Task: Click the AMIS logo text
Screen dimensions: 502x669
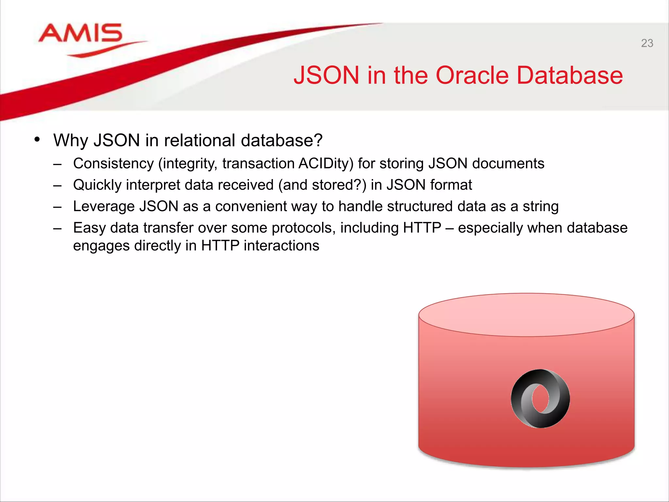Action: [x=80, y=33]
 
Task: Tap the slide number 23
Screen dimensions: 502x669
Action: [x=647, y=43]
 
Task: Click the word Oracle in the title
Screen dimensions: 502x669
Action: [x=472, y=75]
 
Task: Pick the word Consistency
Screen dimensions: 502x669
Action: [x=113, y=163]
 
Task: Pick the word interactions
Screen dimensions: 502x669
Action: [x=281, y=246]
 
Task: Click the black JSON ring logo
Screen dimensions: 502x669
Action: [x=540, y=398]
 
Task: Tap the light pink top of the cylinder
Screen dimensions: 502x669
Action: [x=526, y=314]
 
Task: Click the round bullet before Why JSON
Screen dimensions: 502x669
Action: [x=37, y=140]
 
